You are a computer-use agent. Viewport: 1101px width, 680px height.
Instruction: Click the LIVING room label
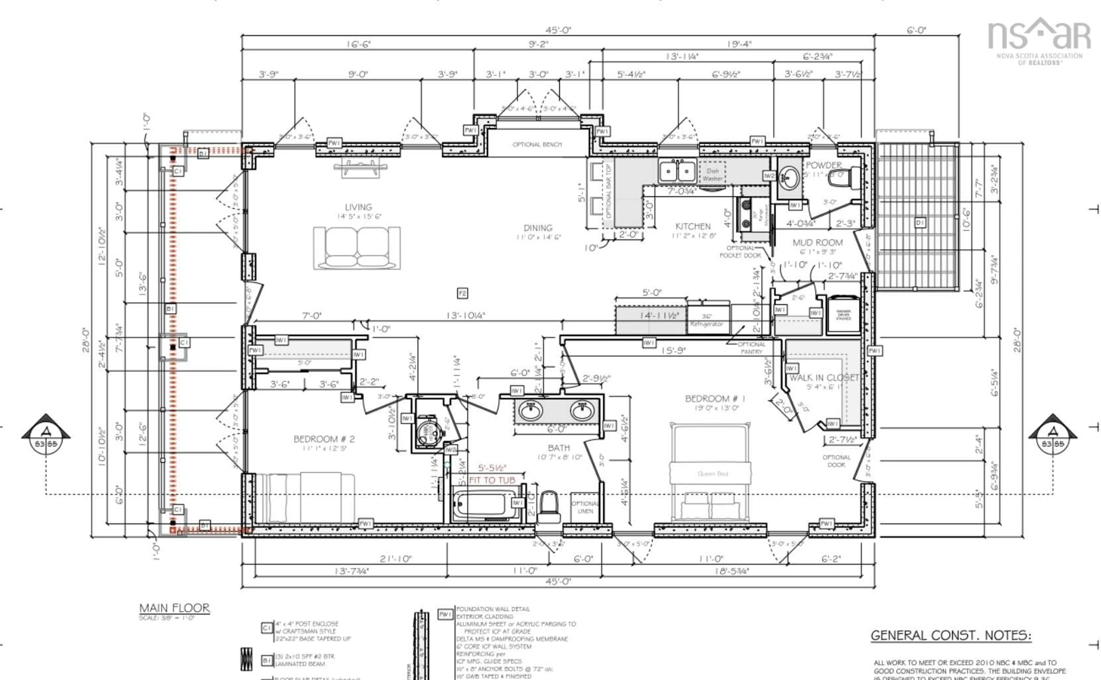(358, 207)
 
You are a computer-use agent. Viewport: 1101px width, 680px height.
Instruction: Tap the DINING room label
(538, 228)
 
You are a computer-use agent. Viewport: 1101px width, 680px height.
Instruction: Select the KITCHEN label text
(693, 227)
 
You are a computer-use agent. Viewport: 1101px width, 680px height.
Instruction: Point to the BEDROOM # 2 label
(324, 439)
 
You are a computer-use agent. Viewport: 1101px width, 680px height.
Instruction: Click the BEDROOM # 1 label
(715, 398)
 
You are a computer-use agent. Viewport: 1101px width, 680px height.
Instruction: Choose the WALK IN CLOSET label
(824, 378)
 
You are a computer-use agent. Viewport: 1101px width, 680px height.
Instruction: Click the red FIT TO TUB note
(492, 480)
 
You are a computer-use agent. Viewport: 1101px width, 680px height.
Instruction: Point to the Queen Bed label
(712, 474)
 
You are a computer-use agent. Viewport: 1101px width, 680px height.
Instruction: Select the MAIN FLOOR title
(174, 609)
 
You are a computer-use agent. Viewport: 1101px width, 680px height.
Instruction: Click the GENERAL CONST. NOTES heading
(951, 636)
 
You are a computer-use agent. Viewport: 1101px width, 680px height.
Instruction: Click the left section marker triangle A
(46, 432)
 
